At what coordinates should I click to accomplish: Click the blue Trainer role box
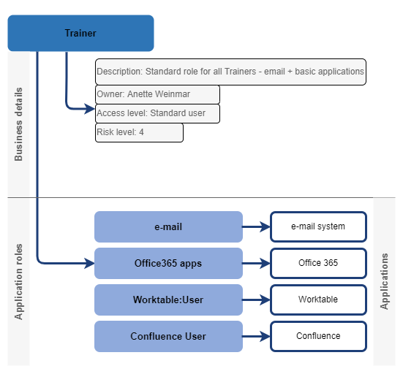click(80, 34)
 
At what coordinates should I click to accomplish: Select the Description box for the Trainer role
click(230, 72)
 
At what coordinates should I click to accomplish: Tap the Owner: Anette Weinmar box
click(157, 94)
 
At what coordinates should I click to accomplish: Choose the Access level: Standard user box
click(157, 113)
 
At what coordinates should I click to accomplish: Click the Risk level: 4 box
click(139, 132)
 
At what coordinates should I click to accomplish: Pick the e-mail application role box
click(168, 226)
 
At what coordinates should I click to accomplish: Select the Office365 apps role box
click(168, 263)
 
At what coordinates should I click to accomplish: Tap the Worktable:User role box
click(168, 300)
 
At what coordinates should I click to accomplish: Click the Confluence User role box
click(168, 336)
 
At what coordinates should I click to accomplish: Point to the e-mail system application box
click(318, 226)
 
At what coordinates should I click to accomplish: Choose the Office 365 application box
click(318, 263)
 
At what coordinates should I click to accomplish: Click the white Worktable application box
click(318, 300)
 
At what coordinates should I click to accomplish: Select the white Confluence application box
click(318, 336)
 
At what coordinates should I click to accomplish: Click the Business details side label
click(18, 124)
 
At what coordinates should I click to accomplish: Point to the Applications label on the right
click(384, 281)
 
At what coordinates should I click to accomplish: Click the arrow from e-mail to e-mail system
click(256, 226)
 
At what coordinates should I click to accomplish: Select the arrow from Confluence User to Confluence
click(256, 336)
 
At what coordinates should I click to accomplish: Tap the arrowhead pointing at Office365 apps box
click(89, 262)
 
